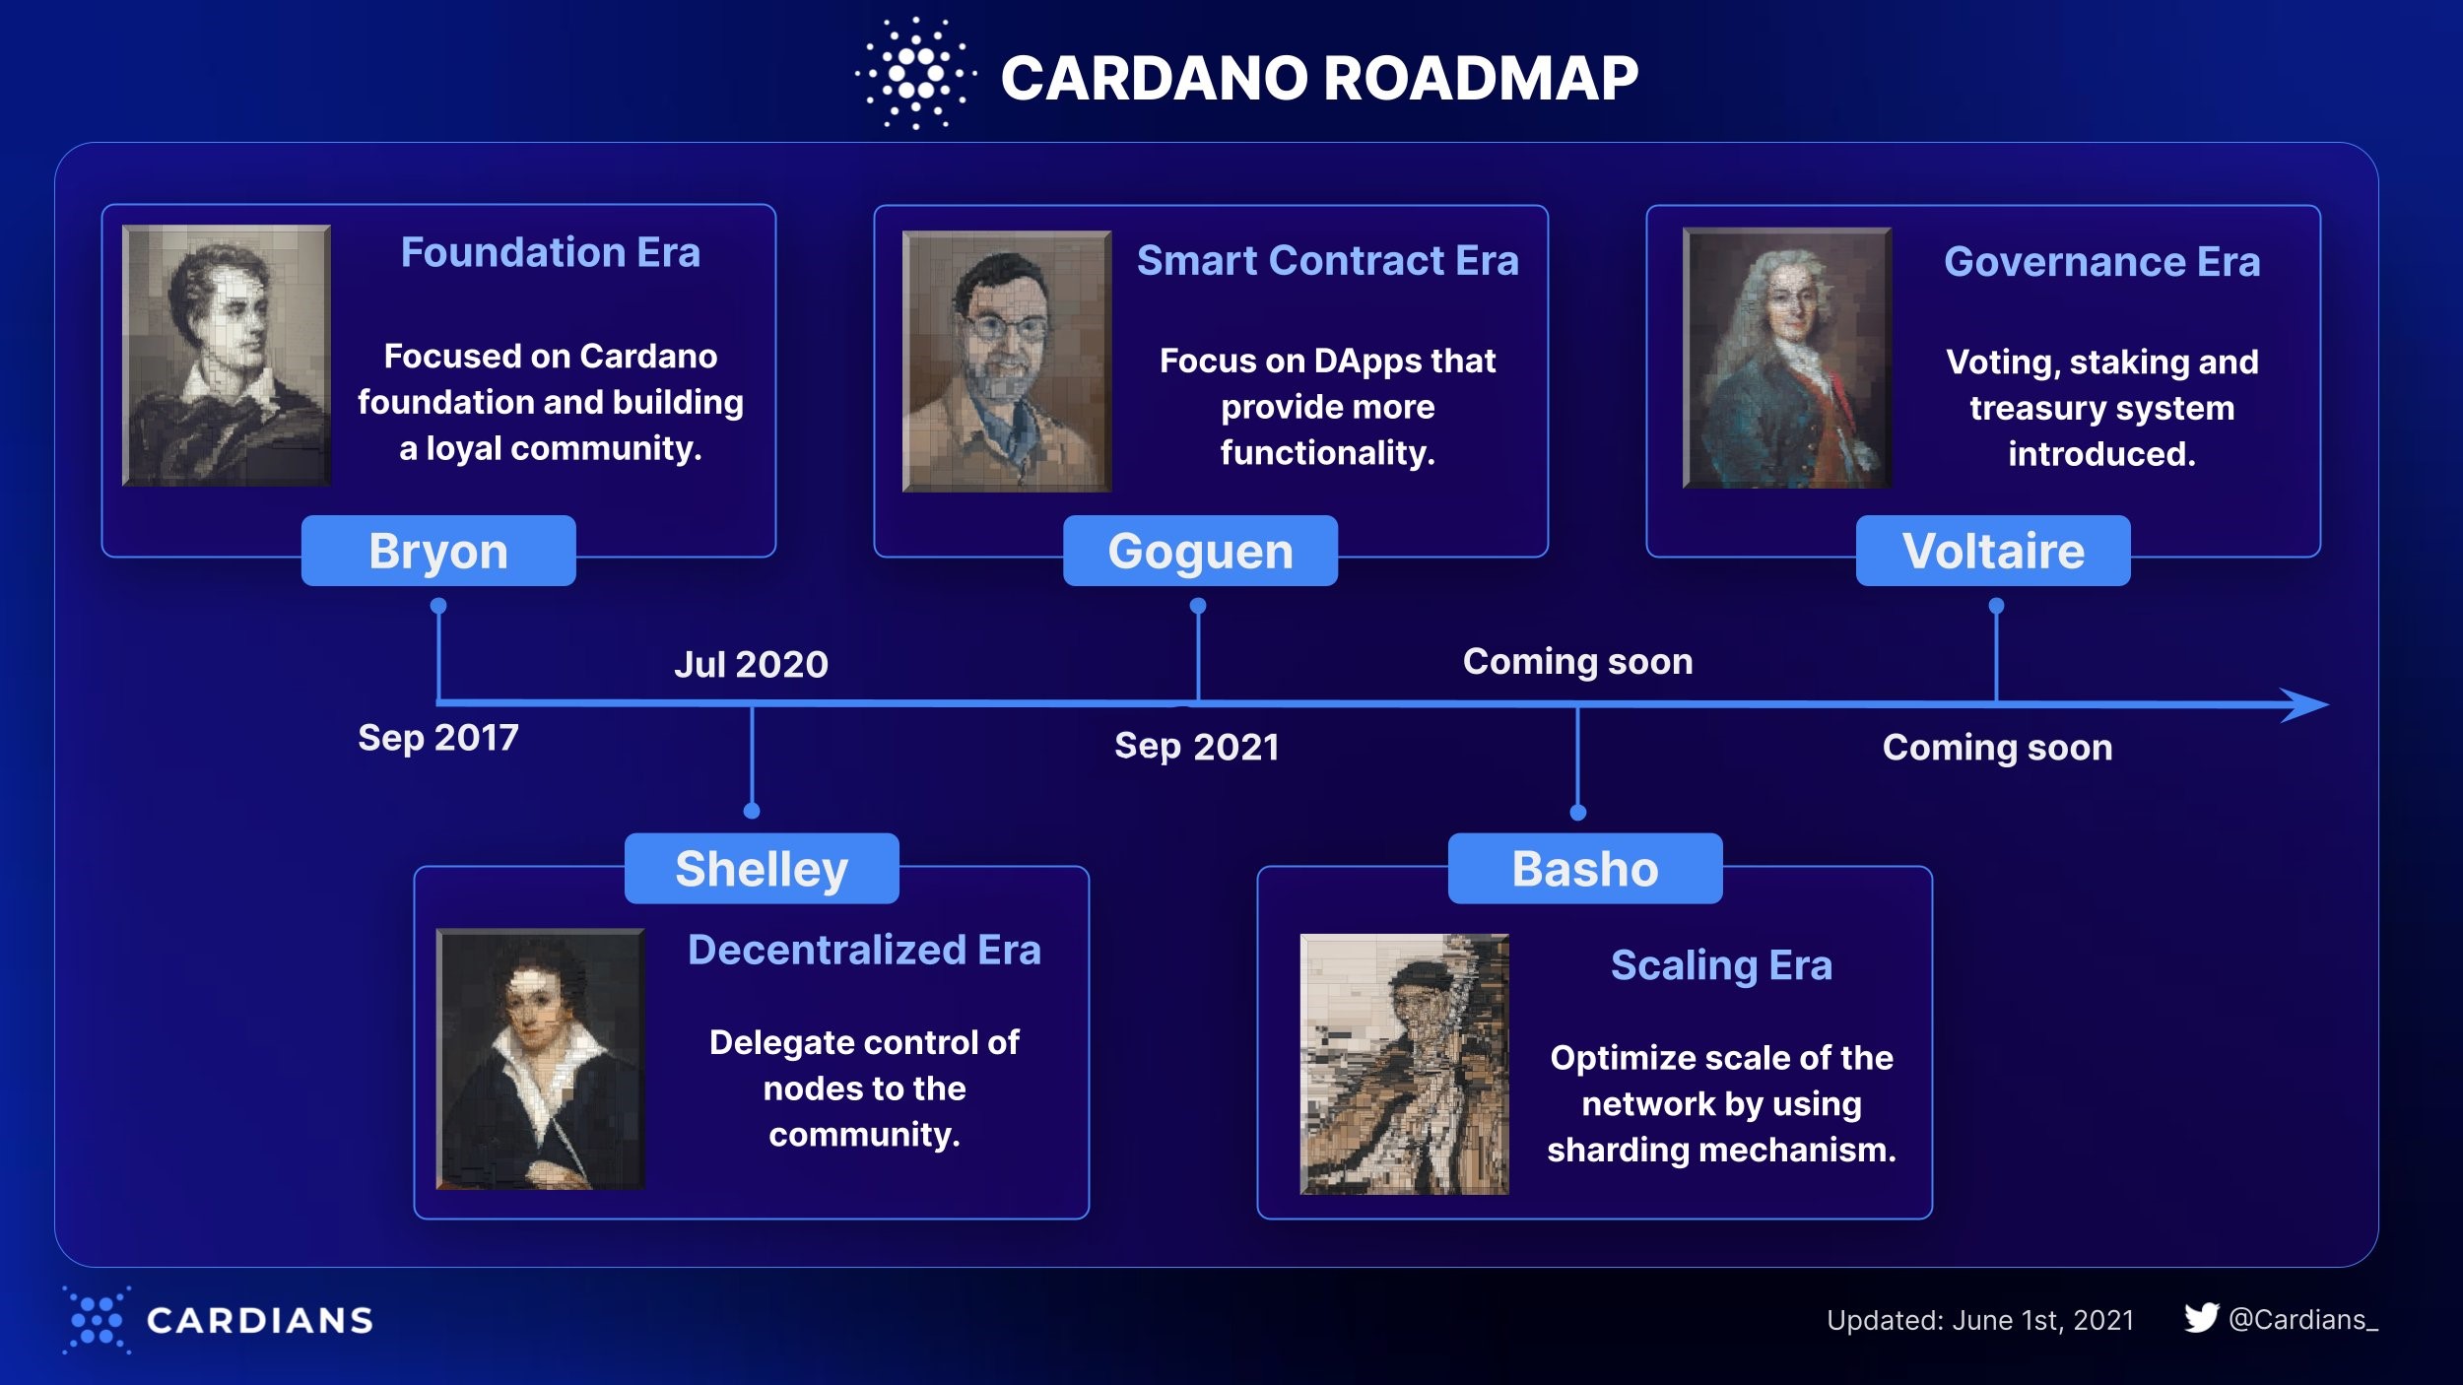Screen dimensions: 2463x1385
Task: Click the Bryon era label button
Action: pyautogui.click(x=438, y=551)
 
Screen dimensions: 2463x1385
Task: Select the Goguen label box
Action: pyautogui.click(x=1200, y=551)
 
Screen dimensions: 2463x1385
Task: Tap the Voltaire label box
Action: pyautogui.click(x=1993, y=551)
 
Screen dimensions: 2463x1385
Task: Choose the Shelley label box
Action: pyautogui.click(x=762, y=869)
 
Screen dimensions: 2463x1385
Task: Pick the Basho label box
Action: pyautogui.click(x=1585, y=869)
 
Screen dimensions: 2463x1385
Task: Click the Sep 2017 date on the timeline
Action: pyautogui.click(x=438, y=738)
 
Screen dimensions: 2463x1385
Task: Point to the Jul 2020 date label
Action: pyautogui.click(x=751, y=665)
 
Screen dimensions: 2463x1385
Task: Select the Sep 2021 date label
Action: pyautogui.click(x=1197, y=747)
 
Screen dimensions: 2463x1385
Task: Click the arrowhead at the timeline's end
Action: pyautogui.click(x=2305, y=705)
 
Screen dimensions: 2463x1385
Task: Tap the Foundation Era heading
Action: pyautogui.click(x=550, y=253)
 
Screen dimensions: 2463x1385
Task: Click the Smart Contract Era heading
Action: pyautogui.click(x=1327, y=261)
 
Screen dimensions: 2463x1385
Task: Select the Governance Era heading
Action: pyautogui.click(x=2101, y=262)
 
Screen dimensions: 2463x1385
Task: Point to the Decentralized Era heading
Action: pyautogui.click(x=864, y=951)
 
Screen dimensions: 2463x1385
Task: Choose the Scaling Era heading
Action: pyautogui.click(x=1721, y=966)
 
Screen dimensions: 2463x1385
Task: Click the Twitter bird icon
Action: pyautogui.click(x=2201, y=1318)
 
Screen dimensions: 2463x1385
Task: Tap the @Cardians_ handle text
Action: pyautogui.click(x=2303, y=1320)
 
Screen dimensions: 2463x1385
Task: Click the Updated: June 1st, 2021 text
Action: pyautogui.click(x=1980, y=1320)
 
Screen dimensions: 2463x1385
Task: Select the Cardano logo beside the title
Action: pyautogui.click(x=915, y=74)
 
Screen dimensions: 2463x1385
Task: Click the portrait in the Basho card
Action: pyautogui.click(x=1404, y=1064)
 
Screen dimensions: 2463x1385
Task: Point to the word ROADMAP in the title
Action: pyautogui.click(x=1481, y=78)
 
